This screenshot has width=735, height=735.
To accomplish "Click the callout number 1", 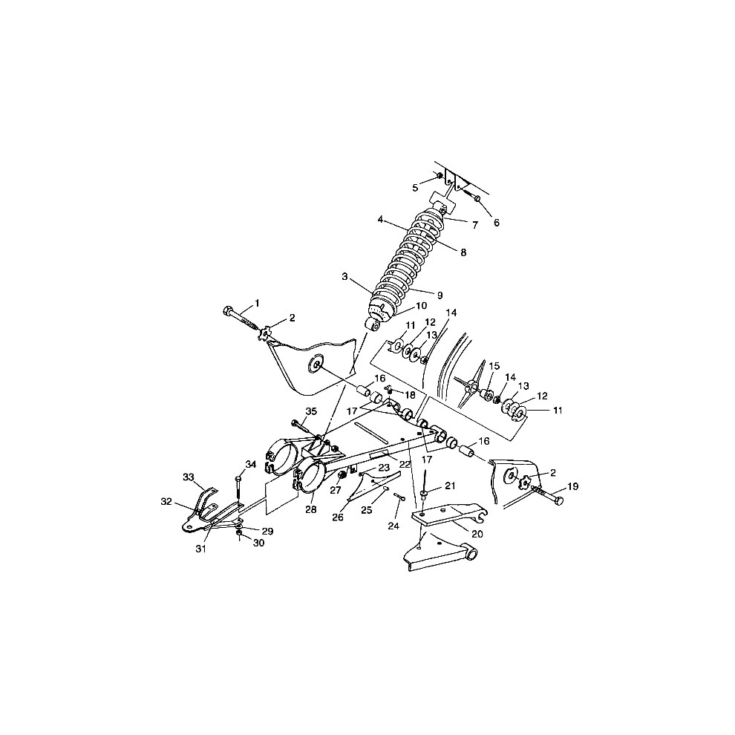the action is tap(257, 303).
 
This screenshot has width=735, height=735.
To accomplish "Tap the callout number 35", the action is tap(311, 411).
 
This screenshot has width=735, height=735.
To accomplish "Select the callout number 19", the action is tap(573, 486).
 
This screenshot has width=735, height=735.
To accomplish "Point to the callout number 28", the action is tap(311, 509).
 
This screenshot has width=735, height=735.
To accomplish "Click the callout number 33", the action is tap(189, 477).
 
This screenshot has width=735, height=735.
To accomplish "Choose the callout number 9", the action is tap(440, 295).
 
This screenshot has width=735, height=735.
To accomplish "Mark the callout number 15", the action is tap(494, 365).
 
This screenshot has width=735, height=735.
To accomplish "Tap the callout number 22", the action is tap(405, 463).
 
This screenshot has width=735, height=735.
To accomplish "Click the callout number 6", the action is tap(497, 223).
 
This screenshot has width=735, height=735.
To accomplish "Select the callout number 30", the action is tap(259, 543).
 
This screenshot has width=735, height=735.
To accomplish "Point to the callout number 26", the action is tap(338, 517).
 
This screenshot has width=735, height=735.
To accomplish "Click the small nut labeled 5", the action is tap(440, 176).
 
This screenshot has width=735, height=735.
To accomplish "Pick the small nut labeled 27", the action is tap(342, 477).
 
